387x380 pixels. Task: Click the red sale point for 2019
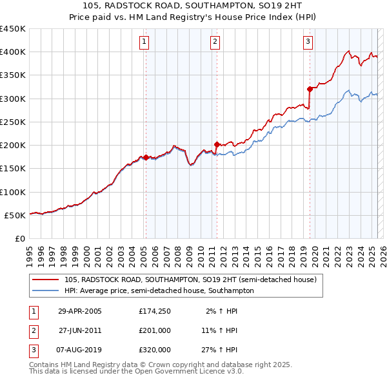tap(310, 89)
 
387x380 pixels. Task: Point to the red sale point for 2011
tap(217, 144)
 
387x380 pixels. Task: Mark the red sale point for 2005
tap(146, 157)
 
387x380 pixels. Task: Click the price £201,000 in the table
tap(155, 330)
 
